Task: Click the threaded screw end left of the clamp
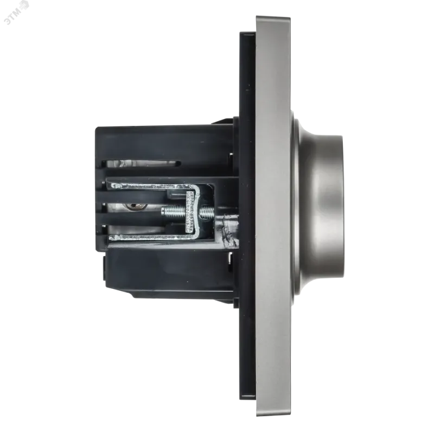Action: (x=174, y=213)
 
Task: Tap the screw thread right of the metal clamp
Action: (x=207, y=212)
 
